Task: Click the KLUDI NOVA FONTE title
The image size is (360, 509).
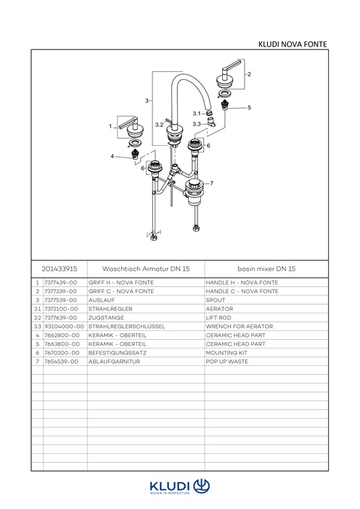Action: [x=292, y=44]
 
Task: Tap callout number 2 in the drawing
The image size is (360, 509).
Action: [x=249, y=74]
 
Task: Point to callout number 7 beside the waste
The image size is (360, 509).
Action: [x=212, y=183]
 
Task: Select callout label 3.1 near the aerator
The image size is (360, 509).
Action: [x=197, y=113]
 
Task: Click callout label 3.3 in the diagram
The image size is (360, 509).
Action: [x=197, y=124]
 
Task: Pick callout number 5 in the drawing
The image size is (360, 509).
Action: [x=249, y=107]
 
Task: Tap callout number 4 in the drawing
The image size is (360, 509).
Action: [x=112, y=156]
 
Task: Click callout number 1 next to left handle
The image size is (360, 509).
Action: [x=110, y=126]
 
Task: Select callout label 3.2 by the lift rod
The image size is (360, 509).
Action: [x=159, y=125]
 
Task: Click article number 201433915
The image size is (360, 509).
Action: [x=60, y=269]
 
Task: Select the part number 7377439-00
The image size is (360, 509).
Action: [x=61, y=282]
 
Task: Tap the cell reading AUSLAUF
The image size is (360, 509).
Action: [x=102, y=300]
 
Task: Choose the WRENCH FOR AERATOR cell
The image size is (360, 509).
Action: [x=240, y=326]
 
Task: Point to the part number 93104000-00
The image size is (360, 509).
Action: [x=64, y=326]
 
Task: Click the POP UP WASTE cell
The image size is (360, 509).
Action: [x=227, y=362]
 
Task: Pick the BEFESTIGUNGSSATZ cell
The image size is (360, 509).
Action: [x=117, y=353]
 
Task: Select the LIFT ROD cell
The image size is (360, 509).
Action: [x=218, y=317]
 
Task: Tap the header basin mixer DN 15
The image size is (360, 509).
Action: [x=266, y=269]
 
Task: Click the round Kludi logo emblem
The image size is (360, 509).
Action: [x=202, y=486]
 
